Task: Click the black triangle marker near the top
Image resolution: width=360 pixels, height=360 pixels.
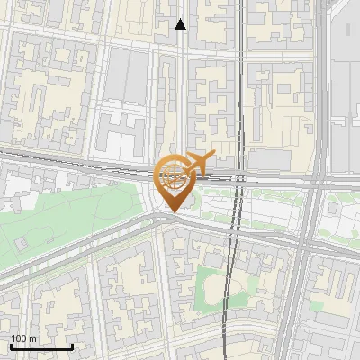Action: [x=181, y=24]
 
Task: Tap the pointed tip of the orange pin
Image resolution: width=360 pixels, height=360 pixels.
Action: [x=173, y=212]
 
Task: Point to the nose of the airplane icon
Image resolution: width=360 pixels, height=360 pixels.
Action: [x=212, y=155]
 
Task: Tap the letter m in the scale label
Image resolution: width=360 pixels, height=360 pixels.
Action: [x=32, y=338]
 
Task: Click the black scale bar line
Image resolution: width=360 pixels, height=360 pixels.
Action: [x=41, y=346]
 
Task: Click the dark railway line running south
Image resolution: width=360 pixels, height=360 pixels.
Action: [x=230, y=288]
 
